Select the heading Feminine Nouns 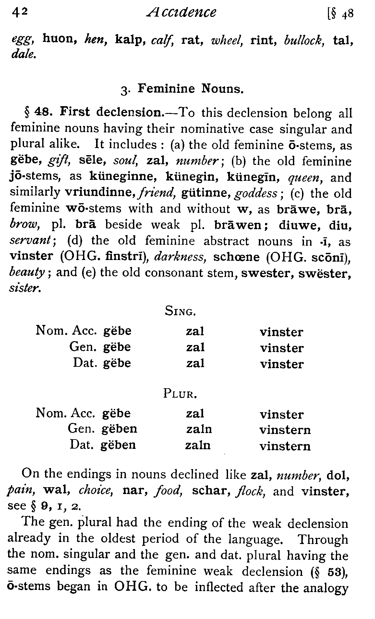click(x=190, y=88)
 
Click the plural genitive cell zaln click(x=199, y=429)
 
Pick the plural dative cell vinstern click(x=285, y=446)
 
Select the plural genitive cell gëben click(x=119, y=429)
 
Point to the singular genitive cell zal click(x=195, y=347)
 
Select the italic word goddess click(x=256, y=193)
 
